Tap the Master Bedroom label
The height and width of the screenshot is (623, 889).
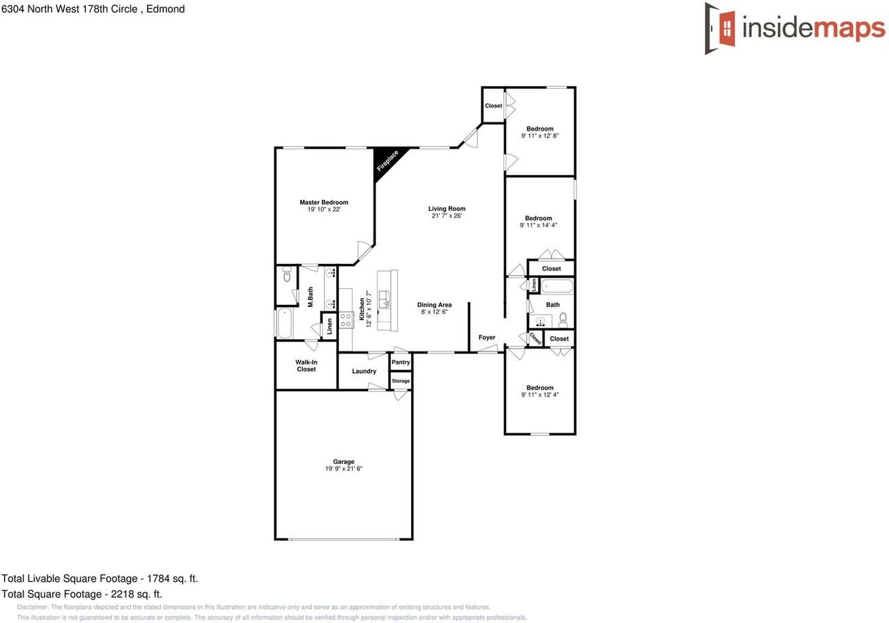(x=324, y=202)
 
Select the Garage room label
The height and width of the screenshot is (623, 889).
(x=344, y=462)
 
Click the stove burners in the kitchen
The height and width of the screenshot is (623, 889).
(x=347, y=319)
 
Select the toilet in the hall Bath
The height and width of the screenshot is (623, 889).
(x=563, y=319)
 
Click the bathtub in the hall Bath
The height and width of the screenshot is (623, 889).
(x=557, y=285)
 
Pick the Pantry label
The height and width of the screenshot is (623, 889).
(x=401, y=363)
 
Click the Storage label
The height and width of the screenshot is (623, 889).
(x=401, y=381)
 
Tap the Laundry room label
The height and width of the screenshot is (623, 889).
(x=364, y=372)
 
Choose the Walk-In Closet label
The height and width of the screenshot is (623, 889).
(x=306, y=366)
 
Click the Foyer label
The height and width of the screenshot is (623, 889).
(x=487, y=338)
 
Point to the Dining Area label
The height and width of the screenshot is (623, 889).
(x=435, y=305)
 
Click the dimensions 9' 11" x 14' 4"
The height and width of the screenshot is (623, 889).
(x=539, y=225)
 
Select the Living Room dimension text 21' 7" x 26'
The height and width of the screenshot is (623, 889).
(x=447, y=216)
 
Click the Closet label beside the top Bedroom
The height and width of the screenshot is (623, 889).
(x=493, y=106)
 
